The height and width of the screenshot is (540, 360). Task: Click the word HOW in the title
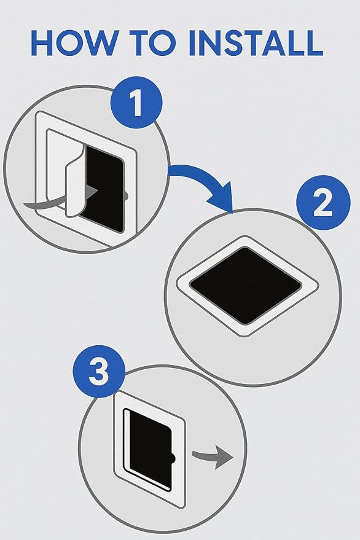click(72, 43)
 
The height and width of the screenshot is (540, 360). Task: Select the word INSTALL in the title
click(256, 43)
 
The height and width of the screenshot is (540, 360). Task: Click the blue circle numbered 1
click(136, 102)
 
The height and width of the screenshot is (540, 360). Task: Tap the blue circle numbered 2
click(323, 203)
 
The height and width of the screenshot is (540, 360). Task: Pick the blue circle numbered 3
click(99, 371)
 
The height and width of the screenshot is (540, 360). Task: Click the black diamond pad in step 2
click(246, 286)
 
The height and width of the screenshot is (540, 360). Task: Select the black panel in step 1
click(103, 189)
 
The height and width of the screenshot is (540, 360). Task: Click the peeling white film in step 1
click(75, 184)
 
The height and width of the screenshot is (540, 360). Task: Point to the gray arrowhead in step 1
click(92, 190)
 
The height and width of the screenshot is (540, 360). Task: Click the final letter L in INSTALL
click(314, 43)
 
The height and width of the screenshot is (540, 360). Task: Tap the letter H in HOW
click(41, 43)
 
